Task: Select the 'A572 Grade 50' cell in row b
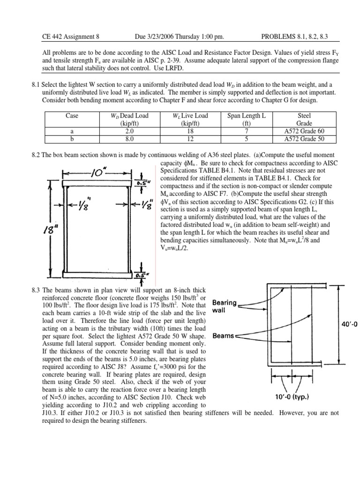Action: (307, 139)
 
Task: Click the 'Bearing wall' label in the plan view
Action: (224, 306)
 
